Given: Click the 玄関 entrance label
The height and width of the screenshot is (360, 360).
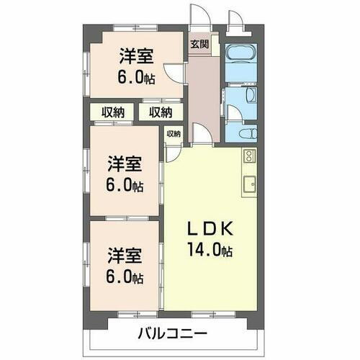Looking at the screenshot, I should pos(199,43).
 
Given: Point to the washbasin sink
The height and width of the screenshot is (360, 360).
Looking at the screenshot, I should pos(249,96).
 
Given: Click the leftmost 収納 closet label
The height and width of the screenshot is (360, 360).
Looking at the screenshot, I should pos(113,112).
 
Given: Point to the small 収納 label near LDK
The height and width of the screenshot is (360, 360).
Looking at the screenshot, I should pos(174,133).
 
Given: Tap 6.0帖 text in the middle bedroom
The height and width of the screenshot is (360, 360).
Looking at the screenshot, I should pos(125,184).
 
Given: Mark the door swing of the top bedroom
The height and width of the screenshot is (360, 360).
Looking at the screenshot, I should pos(174,73).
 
